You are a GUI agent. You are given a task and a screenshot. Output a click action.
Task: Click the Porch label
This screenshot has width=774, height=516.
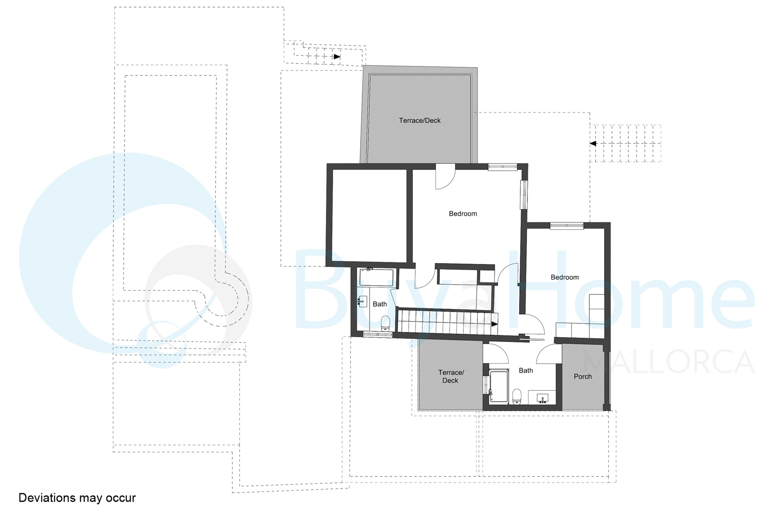click(x=583, y=377)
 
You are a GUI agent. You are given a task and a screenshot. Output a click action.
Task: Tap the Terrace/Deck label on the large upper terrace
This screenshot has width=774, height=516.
click(x=420, y=121)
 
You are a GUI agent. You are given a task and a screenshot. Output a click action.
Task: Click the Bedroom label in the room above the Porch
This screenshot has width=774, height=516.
click(x=565, y=277)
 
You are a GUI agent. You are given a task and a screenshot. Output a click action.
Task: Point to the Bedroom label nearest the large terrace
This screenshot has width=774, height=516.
click(x=463, y=214)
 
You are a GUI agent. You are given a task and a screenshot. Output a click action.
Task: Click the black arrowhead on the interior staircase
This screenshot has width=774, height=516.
click(x=494, y=324)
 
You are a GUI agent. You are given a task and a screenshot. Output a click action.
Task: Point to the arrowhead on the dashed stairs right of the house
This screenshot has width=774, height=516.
click(x=593, y=144)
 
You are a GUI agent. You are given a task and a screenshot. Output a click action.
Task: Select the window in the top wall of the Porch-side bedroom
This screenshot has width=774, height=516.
click(x=567, y=226)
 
